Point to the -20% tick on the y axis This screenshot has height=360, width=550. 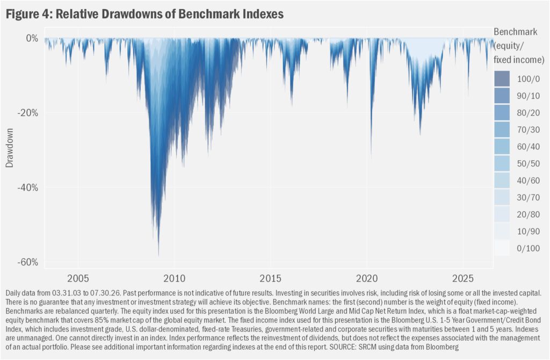click(28, 113)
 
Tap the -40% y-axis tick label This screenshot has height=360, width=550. click(28, 188)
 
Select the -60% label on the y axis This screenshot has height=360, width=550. click(28, 262)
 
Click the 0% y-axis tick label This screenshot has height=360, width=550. click(32, 38)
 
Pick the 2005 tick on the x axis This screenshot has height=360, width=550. click(78, 278)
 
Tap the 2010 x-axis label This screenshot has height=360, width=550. click(175, 278)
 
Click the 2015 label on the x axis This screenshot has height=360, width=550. click(271, 278)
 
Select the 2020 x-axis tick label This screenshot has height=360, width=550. click(367, 278)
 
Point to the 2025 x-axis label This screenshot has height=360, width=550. click(463, 278)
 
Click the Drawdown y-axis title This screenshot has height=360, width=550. click(10, 148)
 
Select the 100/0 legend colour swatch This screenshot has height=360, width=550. click(502, 79)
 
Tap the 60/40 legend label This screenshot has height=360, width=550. click(529, 147)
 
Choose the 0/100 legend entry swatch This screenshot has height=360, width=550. click(502, 248)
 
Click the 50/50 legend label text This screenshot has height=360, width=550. click(529, 163)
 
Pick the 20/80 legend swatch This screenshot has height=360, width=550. click(502, 214)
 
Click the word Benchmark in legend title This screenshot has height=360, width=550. click(515, 32)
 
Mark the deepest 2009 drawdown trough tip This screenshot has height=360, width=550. click(158, 256)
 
